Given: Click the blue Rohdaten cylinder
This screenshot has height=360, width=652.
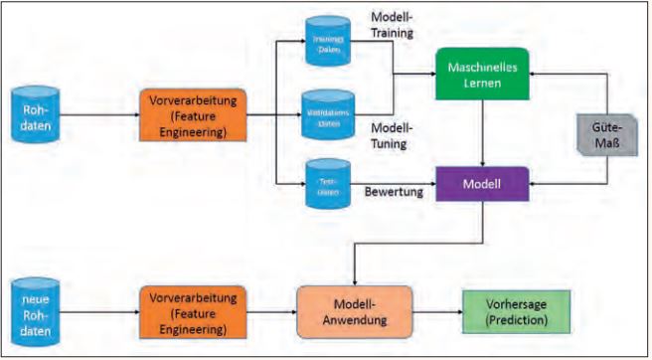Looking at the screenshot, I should tap(36, 113).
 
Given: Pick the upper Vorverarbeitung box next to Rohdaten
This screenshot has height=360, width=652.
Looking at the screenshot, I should tap(191, 113).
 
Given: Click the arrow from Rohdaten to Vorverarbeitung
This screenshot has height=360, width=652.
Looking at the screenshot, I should tap(99, 114).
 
